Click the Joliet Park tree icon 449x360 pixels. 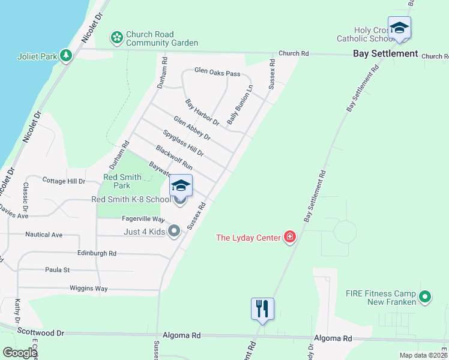coord(66,56)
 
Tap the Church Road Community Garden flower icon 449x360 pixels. coord(117,38)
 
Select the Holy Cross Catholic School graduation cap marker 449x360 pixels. coord(399,29)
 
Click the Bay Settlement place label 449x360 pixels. coord(385,53)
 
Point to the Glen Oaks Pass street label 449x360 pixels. coord(217,73)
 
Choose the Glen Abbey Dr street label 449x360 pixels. coord(192,128)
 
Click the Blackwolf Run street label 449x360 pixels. coord(173,157)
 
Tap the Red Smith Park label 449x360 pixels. coord(122,181)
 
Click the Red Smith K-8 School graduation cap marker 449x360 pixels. coord(181,185)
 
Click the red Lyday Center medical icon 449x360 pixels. coord(290,238)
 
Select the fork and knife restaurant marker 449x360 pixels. coord(262,309)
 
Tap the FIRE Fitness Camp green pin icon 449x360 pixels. coord(425,296)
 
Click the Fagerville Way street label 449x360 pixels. coord(143,220)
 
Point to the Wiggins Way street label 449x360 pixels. coord(88,289)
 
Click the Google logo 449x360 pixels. coord(20,353)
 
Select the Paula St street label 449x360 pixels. coord(58,270)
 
